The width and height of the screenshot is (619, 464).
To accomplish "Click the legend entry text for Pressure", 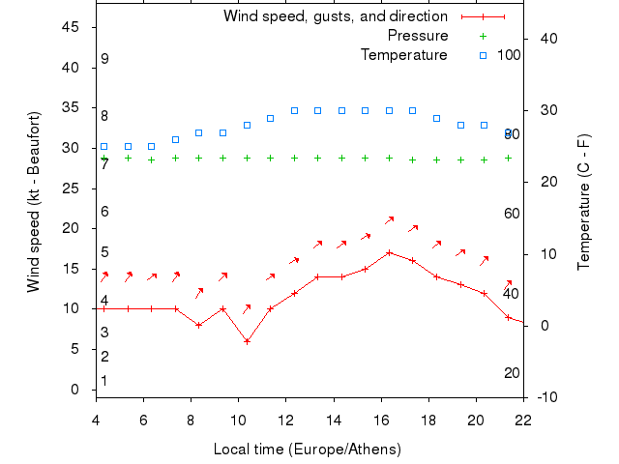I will [417, 36].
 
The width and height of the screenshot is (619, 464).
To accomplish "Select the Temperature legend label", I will [403, 55].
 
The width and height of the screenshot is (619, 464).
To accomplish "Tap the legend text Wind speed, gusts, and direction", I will [335, 16].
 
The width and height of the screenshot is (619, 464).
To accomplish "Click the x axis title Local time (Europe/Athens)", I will [307, 449].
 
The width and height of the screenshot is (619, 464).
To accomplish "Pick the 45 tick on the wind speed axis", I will [71, 27].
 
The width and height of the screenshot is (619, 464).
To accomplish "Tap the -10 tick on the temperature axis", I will [546, 397].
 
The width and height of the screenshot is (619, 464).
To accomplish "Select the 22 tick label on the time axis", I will [523, 420].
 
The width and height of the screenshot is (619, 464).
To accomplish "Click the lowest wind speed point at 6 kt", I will [247, 341].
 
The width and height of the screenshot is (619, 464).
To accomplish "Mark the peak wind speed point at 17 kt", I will [389, 252].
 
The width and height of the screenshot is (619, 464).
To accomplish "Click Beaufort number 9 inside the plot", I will [104, 59].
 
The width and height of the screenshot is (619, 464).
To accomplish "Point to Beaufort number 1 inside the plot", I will [104, 381].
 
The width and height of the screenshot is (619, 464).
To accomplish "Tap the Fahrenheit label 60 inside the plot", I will [512, 214].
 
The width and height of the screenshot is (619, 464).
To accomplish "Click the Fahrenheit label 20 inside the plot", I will [512, 373].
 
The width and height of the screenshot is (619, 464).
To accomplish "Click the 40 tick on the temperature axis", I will [546, 38].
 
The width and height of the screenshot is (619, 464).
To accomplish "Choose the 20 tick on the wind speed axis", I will [71, 228].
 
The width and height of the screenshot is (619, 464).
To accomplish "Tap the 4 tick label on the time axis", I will [96, 420].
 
